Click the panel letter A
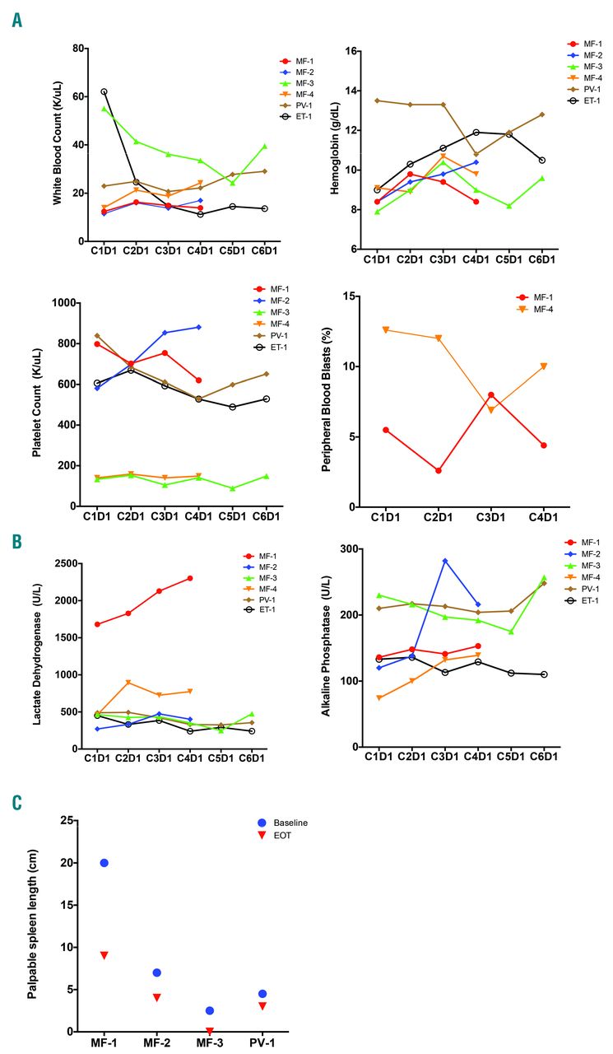click(17, 19)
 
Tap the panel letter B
click(17, 543)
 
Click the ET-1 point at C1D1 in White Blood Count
click(104, 91)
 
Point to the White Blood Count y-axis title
click(59, 145)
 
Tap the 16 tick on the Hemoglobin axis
click(348, 51)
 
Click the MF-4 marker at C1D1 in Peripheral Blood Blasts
click(385, 330)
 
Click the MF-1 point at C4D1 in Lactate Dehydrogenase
click(190, 578)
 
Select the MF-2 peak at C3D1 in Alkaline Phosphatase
click(445, 561)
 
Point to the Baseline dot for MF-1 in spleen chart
click(104, 863)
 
